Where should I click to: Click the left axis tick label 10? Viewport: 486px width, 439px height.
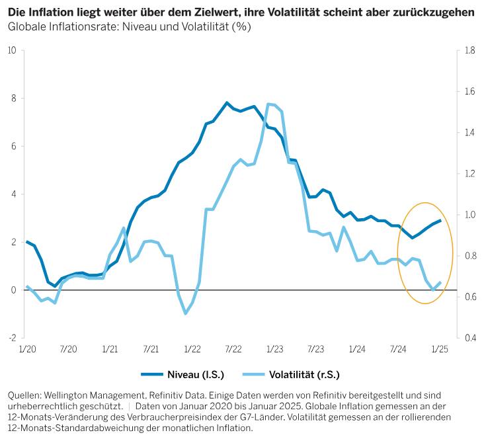[x=12, y=51]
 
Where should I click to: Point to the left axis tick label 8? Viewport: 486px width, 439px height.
[x=14, y=99]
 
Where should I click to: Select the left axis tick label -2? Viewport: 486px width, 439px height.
[x=13, y=338]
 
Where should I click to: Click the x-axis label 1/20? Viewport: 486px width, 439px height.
[x=27, y=349]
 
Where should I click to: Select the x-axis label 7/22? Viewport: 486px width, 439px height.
[x=233, y=349]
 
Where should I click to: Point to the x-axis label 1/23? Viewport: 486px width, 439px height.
[x=274, y=349]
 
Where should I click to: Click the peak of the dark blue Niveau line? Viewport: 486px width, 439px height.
[x=227, y=102]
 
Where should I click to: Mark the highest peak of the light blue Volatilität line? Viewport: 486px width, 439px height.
[x=268, y=104]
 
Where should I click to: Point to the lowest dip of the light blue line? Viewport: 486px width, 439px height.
[x=186, y=313]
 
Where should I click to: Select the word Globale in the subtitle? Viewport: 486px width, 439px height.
[x=26, y=27]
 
